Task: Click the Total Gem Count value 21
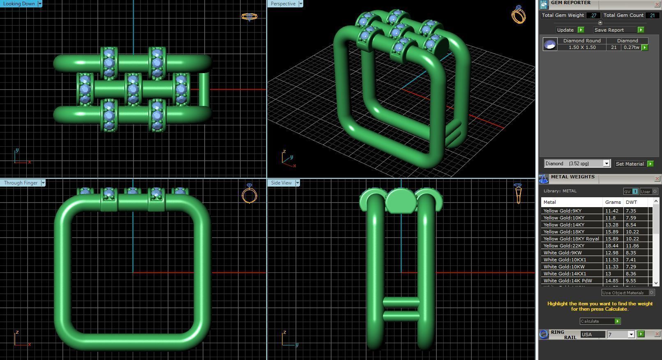click(x=652, y=15)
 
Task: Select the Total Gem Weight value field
click(x=593, y=15)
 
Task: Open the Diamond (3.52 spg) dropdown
click(x=606, y=164)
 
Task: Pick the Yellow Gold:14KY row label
click(x=564, y=225)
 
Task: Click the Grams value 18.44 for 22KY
click(x=611, y=246)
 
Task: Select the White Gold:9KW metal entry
click(x=563, y=253)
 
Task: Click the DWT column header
click(x=631, y=202)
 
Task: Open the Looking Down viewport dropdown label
click(x=40, y=4)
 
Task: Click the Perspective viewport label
click(x=283, y=4)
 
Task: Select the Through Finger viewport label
click(x=21, y=183)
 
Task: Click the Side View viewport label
click(x=281, y=183)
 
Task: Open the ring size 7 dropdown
click(x=631, y=335)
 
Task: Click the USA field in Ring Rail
click(x=592, y=335)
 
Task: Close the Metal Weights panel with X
click(x=657, y=178)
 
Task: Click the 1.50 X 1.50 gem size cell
click(x=582, y=47)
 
